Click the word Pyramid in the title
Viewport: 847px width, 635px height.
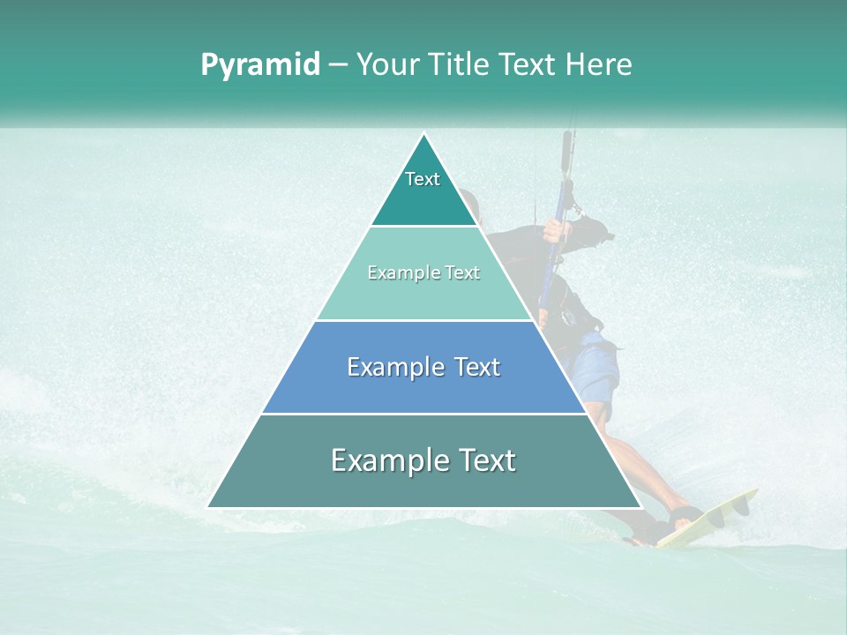tap(260, 65)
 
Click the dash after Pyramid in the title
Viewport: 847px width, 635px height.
tap(338, 65)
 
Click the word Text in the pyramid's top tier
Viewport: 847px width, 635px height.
tap(423, 179)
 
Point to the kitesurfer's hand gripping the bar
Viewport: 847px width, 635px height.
tap(553, 231)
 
